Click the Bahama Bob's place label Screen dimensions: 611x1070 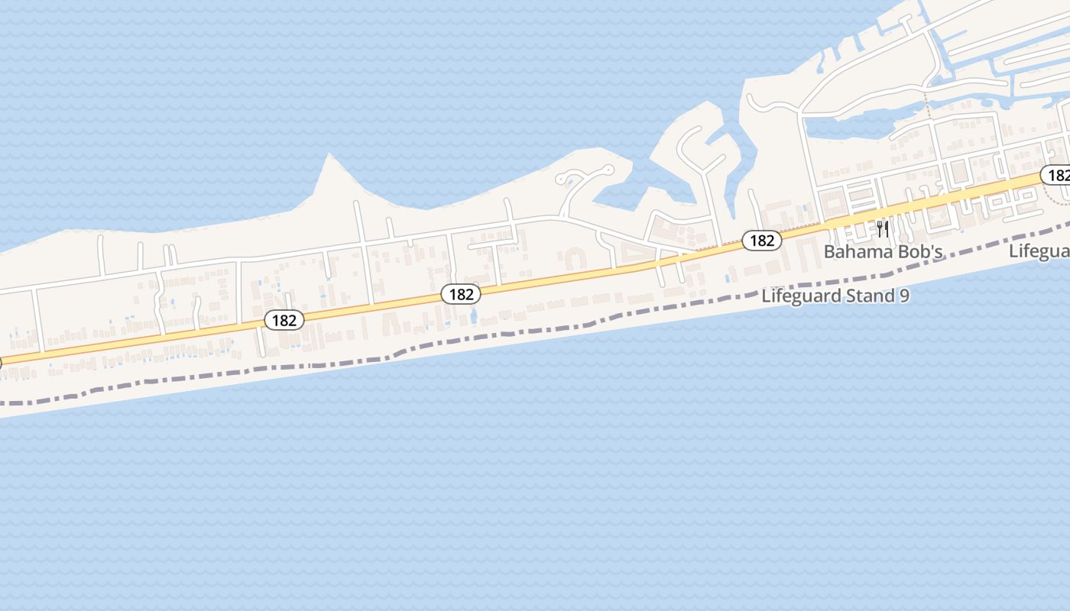point(883,251)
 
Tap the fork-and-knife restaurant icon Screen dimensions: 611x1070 point(883,229)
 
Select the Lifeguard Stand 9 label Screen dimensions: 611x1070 point(835,296)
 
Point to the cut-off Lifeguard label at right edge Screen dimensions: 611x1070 point(1039,251)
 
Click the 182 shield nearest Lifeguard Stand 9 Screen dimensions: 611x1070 point(762,241)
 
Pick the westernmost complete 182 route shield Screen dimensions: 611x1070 point(284,320)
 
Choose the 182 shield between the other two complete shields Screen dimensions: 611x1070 point(461,294)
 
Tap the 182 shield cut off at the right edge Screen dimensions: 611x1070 point(1057,176)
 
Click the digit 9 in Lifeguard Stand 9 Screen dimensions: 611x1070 point(904,296)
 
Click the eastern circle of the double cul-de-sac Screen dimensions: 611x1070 point(608,170)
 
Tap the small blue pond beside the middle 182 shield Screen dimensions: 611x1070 point(474,315)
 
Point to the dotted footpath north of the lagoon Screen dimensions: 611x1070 point(927,105)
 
